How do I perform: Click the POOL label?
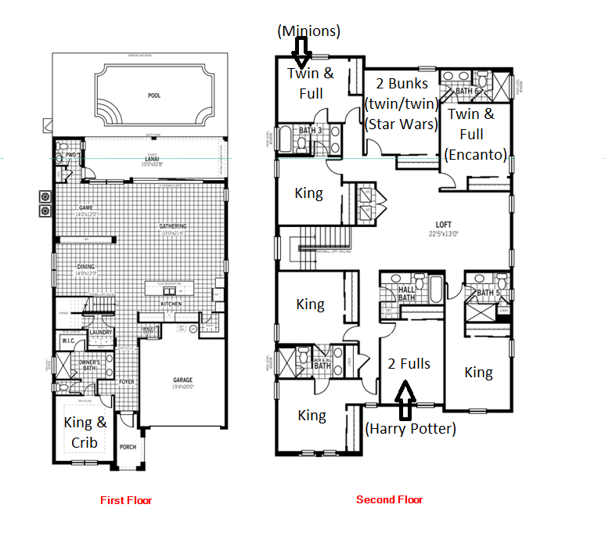tap(154, 95)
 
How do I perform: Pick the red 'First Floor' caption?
tap(126, 500)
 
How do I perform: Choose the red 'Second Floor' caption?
tap(389, 500)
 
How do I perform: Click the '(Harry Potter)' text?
tap(411, 428)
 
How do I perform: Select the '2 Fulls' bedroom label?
tap(409, 363)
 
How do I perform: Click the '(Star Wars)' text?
tap(401, 124)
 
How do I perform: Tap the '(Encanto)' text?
tap(475, 154)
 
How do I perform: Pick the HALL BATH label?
tap(407, 294)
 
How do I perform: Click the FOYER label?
tap(127, 383)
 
